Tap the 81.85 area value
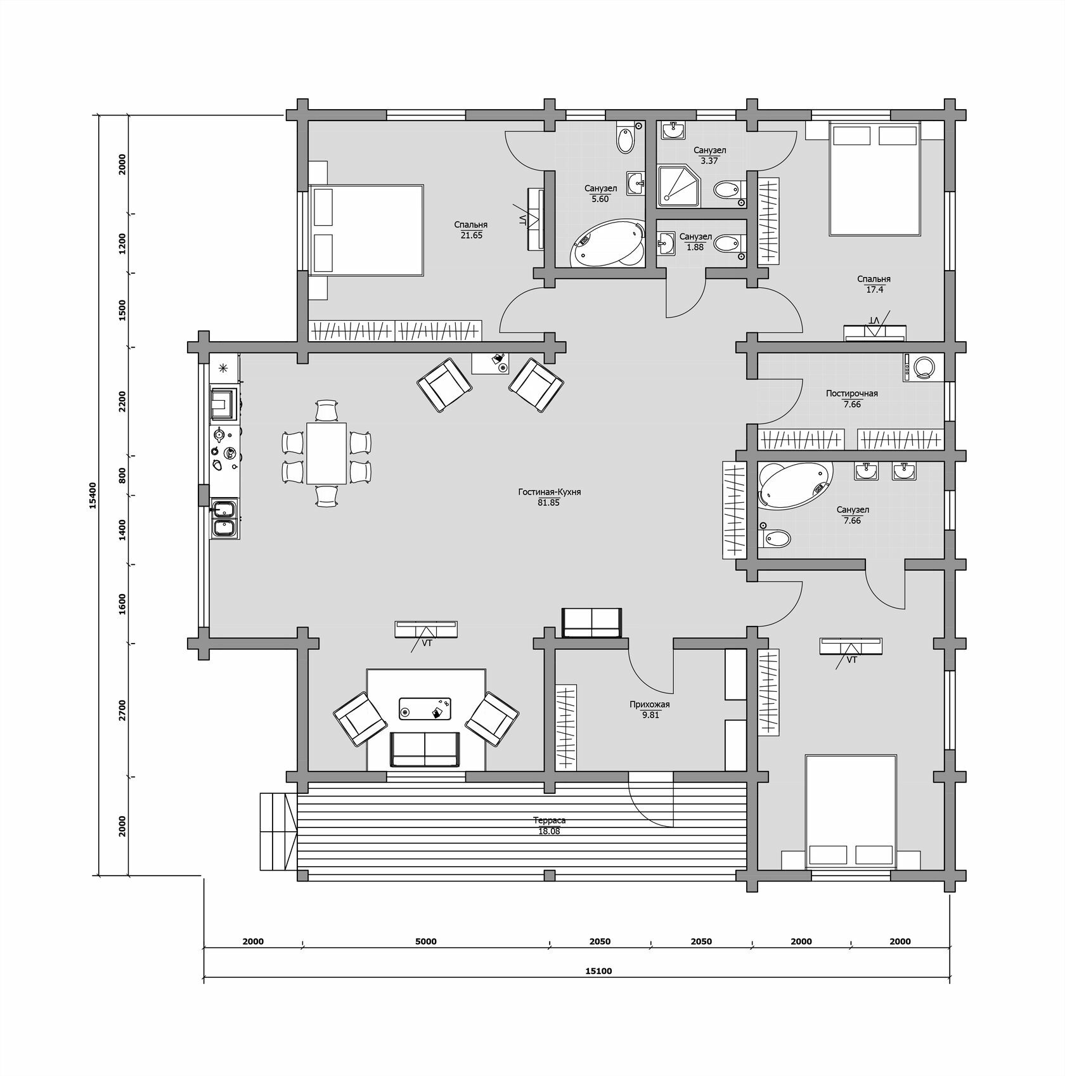(x=548, y=503)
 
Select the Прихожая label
(x=650, y=704)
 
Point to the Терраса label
(x=549, y=820)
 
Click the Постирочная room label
(x=852, y=394)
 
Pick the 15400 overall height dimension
(x=93, y=495)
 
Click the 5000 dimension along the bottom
(x=426, y=942)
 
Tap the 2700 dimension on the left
(x=122, y=710)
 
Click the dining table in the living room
(x=326, y=453)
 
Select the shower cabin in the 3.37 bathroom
(x=680, y=186)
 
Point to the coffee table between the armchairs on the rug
(x=425, y=708)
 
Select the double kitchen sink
(x=224, y=519)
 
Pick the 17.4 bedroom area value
(x=874, y=290)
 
